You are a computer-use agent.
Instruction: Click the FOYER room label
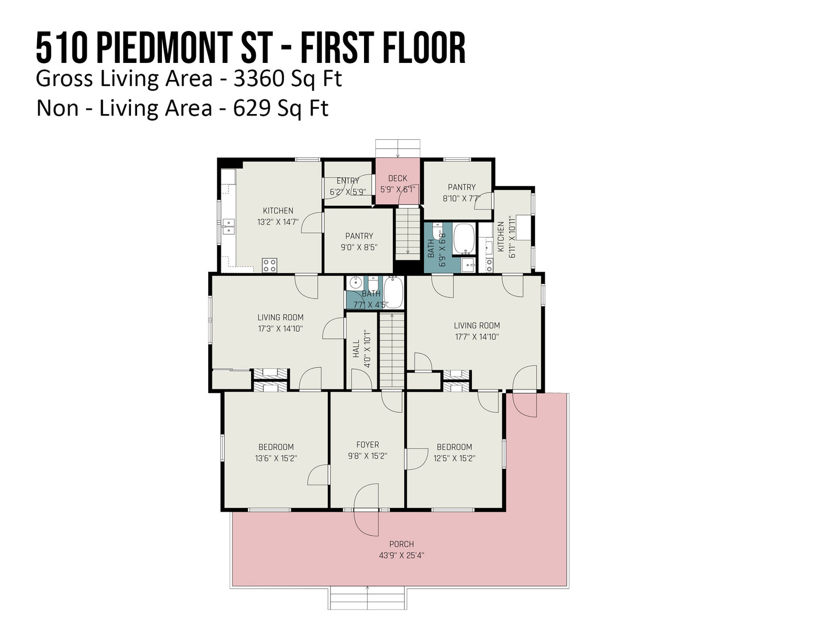367,445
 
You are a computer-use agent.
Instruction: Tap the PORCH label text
401,544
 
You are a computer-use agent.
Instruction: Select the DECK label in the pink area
397,178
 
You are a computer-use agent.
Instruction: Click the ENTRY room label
348,181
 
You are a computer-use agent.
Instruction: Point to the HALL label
356,349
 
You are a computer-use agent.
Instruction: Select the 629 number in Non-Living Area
252,108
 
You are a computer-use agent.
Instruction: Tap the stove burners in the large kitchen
270,265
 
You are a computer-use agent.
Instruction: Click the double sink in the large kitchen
228,226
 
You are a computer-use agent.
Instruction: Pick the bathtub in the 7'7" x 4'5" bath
393,293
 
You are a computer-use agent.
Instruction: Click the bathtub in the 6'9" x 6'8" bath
464,239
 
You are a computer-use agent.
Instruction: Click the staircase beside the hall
392,351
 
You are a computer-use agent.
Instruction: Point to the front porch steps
367,597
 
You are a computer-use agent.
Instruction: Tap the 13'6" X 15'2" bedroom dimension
276,458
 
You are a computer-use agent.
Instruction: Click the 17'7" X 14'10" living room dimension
476,337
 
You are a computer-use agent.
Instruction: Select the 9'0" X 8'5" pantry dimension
359,247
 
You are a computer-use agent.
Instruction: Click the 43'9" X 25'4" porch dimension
401,555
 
